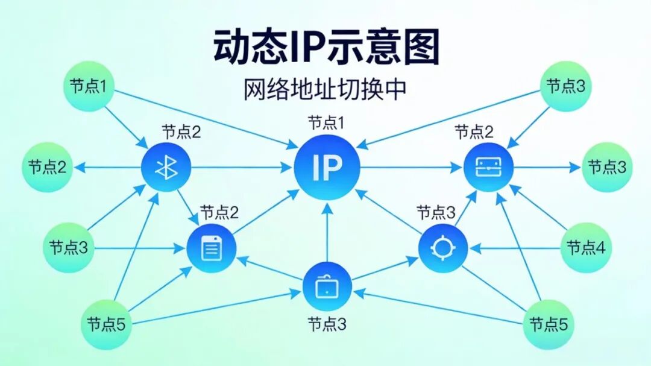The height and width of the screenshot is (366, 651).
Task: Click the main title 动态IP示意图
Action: click(x=326, y=49)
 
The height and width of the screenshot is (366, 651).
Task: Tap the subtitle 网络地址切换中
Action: click(x=325, y=89)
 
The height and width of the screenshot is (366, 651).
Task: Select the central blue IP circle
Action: click(x=327, y=168)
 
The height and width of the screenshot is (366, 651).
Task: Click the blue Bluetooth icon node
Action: click(x=166, y=168)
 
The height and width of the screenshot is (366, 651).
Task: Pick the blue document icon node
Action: click(x=211, y=248)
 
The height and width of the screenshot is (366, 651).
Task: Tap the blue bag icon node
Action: click(x=326, y=286)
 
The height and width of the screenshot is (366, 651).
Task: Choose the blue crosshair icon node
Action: click(x=443, y=248)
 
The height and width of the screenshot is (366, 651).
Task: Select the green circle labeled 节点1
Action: click(x=89, y=86)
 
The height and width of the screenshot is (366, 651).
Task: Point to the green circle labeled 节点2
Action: click(x=48, y=168)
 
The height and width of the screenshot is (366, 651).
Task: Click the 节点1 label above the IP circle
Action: click(x=326, y=124)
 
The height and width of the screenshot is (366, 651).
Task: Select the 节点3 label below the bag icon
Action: click(x=326, y=324)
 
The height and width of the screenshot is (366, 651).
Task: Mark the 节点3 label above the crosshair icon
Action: click(x=436, y=212)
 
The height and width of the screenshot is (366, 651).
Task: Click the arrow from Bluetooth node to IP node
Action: click(x=241, y=168)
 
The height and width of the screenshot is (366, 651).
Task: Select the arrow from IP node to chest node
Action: click(x=410, y=168)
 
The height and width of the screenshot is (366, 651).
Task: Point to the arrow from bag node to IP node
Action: click(x=327, y=232)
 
